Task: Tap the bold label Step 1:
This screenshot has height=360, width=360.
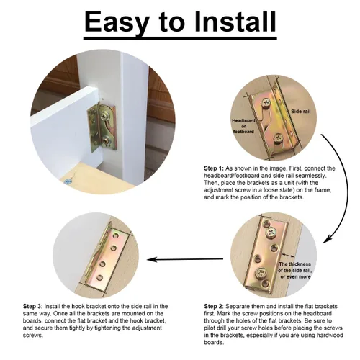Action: pyautogui.click(x=214, y=168)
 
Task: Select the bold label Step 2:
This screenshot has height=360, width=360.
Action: pyautogui.click(x=214, y=307)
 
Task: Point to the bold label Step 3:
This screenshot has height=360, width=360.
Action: pyautogui.click(x=32, y=307)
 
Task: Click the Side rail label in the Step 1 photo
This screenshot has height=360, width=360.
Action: pyautogui.click(x=300, y=112)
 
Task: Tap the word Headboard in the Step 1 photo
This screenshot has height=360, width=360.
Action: pyautogui.click(x=243, y=120)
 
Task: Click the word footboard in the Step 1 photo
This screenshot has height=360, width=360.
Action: pyautogui.click(x=243, y=132)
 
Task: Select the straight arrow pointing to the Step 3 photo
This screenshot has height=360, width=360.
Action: pyautogui.click(x=185, y=259)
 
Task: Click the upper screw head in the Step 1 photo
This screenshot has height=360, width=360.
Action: pyautogui.click(x=266, y=104)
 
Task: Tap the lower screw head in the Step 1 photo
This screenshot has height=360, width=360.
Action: pyautogui.click(x=278, y=138)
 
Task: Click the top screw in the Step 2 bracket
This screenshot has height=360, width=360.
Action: pyautogui.click(x=271, y=232)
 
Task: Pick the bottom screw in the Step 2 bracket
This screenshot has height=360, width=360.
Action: pyautogui.click(x=261, y=273)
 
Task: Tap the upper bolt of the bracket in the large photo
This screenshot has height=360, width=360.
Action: pyautogui.click(x=105, y=116)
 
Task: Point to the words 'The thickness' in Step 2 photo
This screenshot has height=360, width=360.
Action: pyautogui.click(x=294, y=264)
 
